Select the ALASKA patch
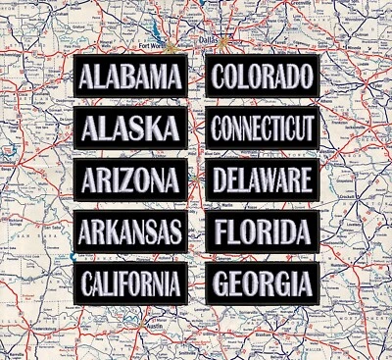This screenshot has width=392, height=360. point(130,128)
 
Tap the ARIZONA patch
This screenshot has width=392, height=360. point(130,180)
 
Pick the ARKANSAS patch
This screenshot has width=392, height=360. point(130,232)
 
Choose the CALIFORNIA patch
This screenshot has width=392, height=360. point(130,284)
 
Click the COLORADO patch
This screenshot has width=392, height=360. point(263,76)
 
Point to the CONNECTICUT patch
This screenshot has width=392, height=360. point(263,128)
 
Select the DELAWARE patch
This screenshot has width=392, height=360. point(263,180)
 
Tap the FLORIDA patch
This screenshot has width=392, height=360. point(263,232)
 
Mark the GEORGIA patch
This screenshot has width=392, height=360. point(263,284)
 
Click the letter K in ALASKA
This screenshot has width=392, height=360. point(154,128)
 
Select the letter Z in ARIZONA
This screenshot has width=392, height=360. point(129,180)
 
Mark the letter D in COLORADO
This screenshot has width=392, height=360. point(291,76)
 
